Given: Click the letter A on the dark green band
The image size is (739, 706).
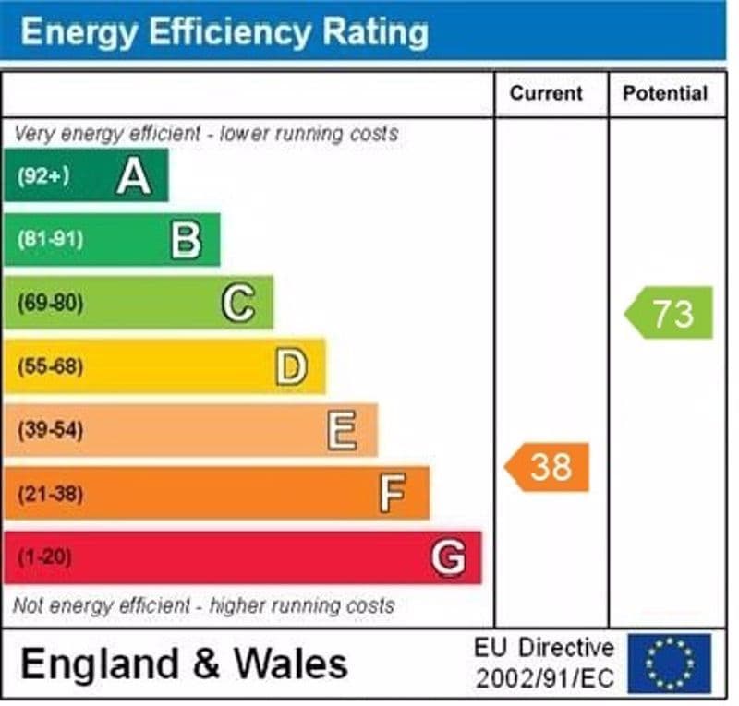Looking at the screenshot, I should coord(134,175).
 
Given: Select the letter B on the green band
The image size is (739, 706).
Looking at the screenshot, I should coord(186,240).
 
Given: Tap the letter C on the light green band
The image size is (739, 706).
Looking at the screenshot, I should coord(238,303).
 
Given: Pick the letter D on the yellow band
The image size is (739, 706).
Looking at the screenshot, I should coord(290,366).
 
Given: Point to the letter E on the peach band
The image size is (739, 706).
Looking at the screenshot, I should coord(342,430).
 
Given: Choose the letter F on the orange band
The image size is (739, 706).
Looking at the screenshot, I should coord(393,494).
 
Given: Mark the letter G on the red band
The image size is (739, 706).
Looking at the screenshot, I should coord(447,557).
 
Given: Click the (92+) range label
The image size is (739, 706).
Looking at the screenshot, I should coord(43,176).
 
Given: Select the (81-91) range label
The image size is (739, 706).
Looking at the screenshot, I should coord(50,240).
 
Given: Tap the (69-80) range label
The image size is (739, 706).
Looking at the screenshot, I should coord(50,304).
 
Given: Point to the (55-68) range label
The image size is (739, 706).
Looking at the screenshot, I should coord(50,367).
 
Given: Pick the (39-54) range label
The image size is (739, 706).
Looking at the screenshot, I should coord(50,431).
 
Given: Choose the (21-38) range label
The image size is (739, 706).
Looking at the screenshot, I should coord(50,495).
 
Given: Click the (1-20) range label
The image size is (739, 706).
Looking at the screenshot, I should coord(44,558).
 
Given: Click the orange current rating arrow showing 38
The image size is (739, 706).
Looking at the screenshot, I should coord(548,467).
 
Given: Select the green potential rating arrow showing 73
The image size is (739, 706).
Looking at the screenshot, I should coord(670,313).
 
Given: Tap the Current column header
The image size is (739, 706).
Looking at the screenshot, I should coord(547,93).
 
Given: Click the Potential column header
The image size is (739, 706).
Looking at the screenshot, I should coord(665,93).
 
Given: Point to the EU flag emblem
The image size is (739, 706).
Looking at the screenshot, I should coord(670,663).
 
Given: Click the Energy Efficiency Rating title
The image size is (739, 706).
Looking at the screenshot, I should coord(224,32).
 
